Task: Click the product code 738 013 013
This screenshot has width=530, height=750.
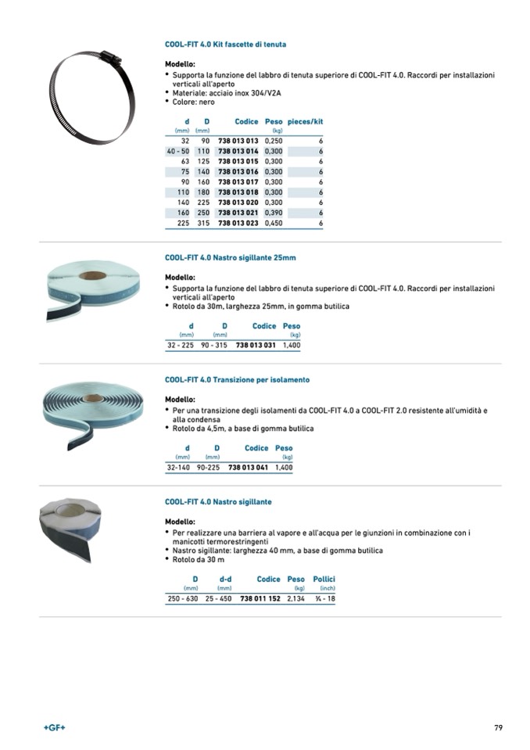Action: click(238, 140)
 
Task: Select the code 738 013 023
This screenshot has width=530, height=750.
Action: click(238, 223)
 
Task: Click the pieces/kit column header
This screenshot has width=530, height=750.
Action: click(305, 122)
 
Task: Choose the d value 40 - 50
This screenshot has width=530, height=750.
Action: click(178, 150)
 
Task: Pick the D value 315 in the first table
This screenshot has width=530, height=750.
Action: click(203, 223)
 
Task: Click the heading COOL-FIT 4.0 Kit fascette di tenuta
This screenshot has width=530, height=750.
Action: click(225, 45)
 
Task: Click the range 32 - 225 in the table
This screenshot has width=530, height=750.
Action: click(181, 344)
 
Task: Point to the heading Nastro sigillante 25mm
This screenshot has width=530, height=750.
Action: click(230, 257)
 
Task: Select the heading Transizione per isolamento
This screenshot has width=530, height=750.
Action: click(237, 379)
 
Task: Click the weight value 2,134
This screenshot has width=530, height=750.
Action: click(295, 598)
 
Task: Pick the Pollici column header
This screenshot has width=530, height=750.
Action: click(324, 580)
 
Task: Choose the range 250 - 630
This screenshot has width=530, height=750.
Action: click(183, 598)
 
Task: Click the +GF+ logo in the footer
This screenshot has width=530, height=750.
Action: click(55, 728)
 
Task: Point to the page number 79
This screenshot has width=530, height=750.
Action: click(498, 728)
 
